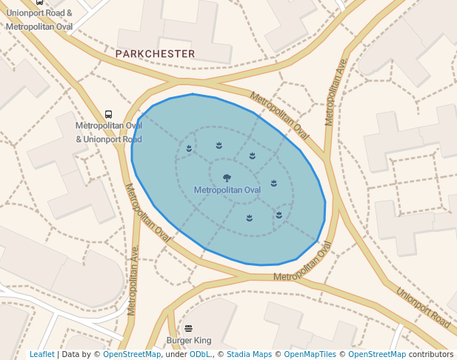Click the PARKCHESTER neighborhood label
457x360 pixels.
pyautogui.click(x=155, y=54)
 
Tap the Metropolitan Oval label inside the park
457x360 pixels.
pyautogui.click(x=227, y=190)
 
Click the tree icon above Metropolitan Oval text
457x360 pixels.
pyautogui.click(x=227, y=178)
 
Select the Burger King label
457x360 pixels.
pyautogui.click(x=189, y=341)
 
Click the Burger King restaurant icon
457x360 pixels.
pyautogui.click(x=189, y=328)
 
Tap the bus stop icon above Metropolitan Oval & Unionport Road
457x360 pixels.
pyautogui.click(x=108, y=114)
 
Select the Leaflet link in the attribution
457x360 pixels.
pyautogui.click(x=41, y=355)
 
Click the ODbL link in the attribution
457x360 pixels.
pyautogui.click(x=199, y=355)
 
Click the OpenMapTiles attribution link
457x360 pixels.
pyautogui.click(x=307, y=355)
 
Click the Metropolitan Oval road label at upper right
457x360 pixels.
pyautogui.click(x=279, y=115)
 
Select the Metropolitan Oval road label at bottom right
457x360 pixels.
pyautogui.click(x=303, y=263)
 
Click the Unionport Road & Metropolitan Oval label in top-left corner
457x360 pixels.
pyautogui.click(x=39, y=20)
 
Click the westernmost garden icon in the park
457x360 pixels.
pyautogui.click(x=190, y=148)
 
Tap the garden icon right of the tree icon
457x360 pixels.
pyautogui.click(x=273, y=182)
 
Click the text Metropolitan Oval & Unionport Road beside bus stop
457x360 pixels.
pyautogui.click(x=108, y=133)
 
